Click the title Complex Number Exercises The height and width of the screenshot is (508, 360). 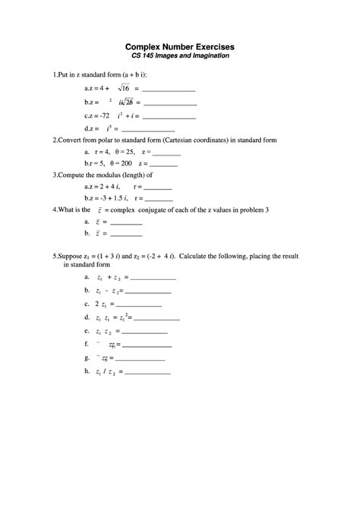180,46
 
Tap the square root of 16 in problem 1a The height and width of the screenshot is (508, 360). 123,89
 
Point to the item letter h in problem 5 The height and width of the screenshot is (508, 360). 87,371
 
